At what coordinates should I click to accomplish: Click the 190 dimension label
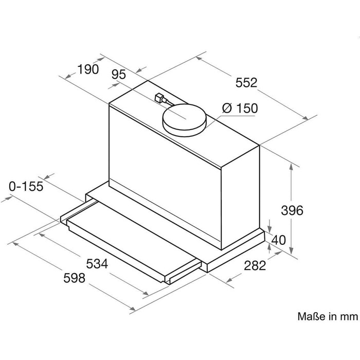[88, 69]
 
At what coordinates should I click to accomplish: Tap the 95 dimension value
[119, 75]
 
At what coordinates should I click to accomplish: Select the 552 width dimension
[246, 83]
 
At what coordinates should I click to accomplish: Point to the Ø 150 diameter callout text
[240, 108]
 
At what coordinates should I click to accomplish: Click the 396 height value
[292, 210]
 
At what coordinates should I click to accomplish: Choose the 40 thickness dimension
[279, 240]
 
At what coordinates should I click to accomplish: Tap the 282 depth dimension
[255, 265]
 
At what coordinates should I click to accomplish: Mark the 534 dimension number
[97, 263]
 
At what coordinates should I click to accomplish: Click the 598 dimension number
[74, 278]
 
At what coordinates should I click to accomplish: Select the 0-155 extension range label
[26, 186]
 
